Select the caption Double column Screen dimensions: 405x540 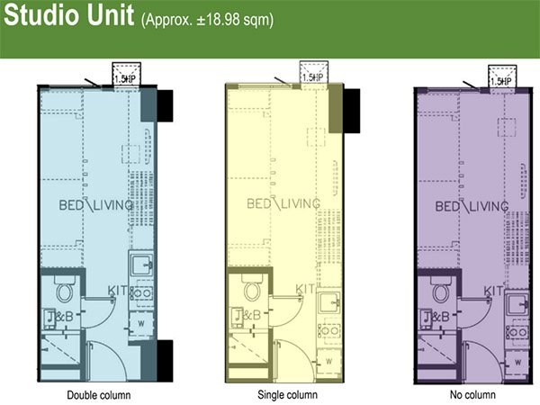(99, 395)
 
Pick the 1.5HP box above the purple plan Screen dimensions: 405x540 (499, 76)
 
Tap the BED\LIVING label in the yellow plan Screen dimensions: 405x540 (283, 203)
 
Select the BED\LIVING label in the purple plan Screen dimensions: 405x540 (472, 206)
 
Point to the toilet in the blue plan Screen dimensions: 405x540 (64, 290)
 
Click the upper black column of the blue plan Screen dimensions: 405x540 (164, 106)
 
